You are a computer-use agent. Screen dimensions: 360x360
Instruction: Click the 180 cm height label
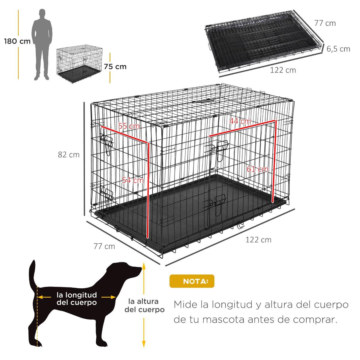click(17, 41)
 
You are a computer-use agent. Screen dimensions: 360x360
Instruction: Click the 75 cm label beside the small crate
click(115, 67)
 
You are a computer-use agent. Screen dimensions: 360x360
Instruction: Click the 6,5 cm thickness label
click(338, 49)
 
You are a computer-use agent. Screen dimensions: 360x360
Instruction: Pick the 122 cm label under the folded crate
click(283, 70)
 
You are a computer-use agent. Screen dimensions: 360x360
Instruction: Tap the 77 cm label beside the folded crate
click(325, 23)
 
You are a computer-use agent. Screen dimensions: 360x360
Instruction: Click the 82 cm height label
click(69, 155)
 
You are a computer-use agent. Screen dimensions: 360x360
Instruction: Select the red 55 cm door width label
click(129, 126)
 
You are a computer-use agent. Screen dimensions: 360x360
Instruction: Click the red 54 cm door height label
click(133, 180)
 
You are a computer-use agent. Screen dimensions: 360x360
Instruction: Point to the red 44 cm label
click(240, 121)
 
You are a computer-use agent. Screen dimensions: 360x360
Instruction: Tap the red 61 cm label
click(257, 169)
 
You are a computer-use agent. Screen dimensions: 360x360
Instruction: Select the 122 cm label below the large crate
click(258, 240)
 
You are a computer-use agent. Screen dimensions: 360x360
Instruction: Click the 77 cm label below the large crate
click(104, 246)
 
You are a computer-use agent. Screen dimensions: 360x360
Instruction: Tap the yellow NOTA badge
click(192, 281)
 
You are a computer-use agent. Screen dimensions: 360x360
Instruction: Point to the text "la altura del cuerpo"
click(144, 305)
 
